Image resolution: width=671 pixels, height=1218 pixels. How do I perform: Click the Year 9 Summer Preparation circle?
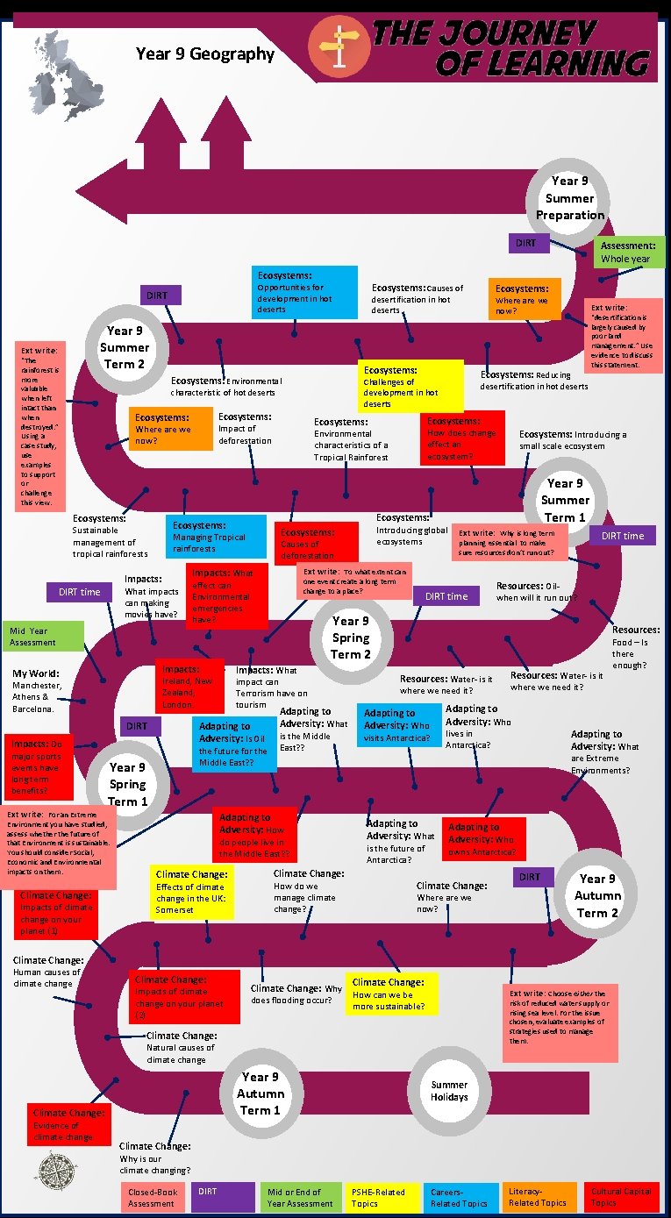coord(570,198)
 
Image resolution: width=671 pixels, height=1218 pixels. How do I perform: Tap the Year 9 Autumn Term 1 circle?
coord(261,1093)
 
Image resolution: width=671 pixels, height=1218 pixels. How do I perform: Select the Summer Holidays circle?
coord(449,1091)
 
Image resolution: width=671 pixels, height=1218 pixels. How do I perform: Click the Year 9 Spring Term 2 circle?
coord(350,637)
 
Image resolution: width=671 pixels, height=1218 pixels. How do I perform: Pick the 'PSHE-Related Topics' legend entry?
coord(381,1198)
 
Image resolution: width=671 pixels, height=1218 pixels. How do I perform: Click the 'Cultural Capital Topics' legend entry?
coord(621,1198)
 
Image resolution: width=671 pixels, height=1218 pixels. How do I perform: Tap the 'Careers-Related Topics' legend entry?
coord(460,1198)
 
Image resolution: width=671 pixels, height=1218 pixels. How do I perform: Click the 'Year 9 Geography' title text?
coord(205,54)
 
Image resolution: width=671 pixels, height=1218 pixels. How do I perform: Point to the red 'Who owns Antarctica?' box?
coord(483,839)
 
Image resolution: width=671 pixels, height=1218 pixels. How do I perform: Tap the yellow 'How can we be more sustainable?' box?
coord(389,994)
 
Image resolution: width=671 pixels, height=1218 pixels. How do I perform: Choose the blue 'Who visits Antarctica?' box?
coord(398,725)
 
